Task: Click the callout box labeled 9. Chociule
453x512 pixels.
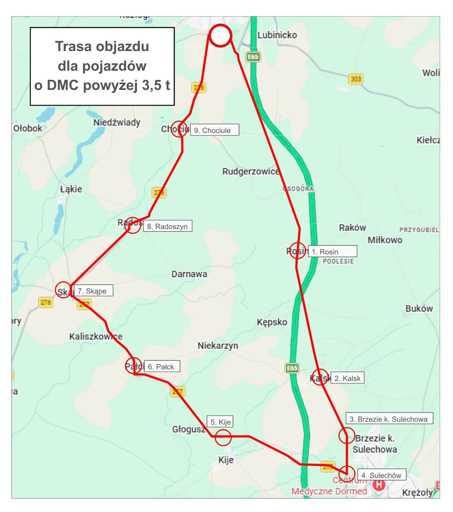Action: [214, 130]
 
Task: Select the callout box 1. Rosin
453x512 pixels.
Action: [332, 252]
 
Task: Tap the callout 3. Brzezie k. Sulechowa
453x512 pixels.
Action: [389, 419]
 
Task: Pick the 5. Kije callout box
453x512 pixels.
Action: [220, 422]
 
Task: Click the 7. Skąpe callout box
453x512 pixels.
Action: [93, 291]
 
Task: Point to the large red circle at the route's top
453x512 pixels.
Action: [220, 36]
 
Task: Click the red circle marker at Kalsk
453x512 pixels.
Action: [321, 377]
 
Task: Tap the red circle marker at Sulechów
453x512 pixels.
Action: [347, 473]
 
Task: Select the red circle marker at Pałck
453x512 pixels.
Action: [133, 365]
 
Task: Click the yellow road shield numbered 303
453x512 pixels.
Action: [356, 79]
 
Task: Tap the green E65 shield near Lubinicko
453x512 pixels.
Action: [253, 57]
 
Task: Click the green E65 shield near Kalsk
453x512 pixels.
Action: [292, 368]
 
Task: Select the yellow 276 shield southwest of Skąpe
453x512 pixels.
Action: [46, 302]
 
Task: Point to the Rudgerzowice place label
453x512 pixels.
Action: [251, 172]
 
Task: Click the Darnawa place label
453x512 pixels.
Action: [189, 274]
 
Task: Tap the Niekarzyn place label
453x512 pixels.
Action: [218, 346]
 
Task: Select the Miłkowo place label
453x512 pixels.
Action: [385, 240]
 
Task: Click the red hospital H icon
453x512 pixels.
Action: [379, 484]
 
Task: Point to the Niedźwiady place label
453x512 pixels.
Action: [117, 122]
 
